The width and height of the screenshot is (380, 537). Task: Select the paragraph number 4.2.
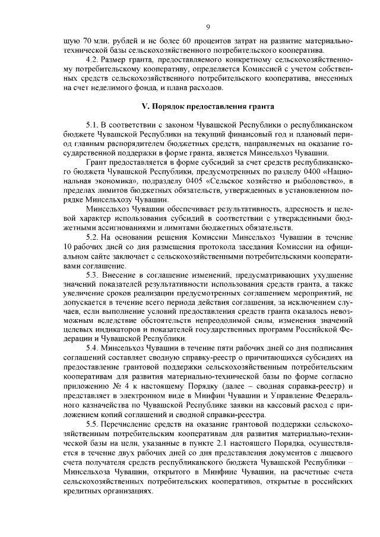point(93,61)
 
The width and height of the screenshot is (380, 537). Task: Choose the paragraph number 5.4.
point(93,348)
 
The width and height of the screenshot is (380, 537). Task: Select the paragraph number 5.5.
point(93,422)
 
